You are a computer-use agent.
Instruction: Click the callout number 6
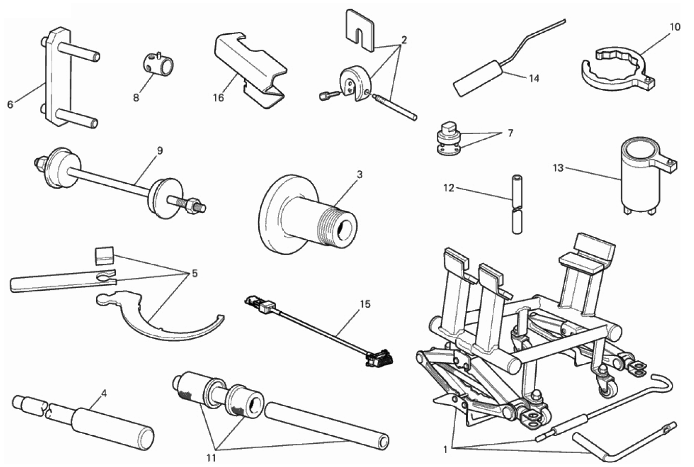[x=10, y=104]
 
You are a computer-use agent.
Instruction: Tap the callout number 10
[x=675, y=27]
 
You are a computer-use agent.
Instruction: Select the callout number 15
[x=365, y=304]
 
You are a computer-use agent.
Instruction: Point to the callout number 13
[x=558, y=168]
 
